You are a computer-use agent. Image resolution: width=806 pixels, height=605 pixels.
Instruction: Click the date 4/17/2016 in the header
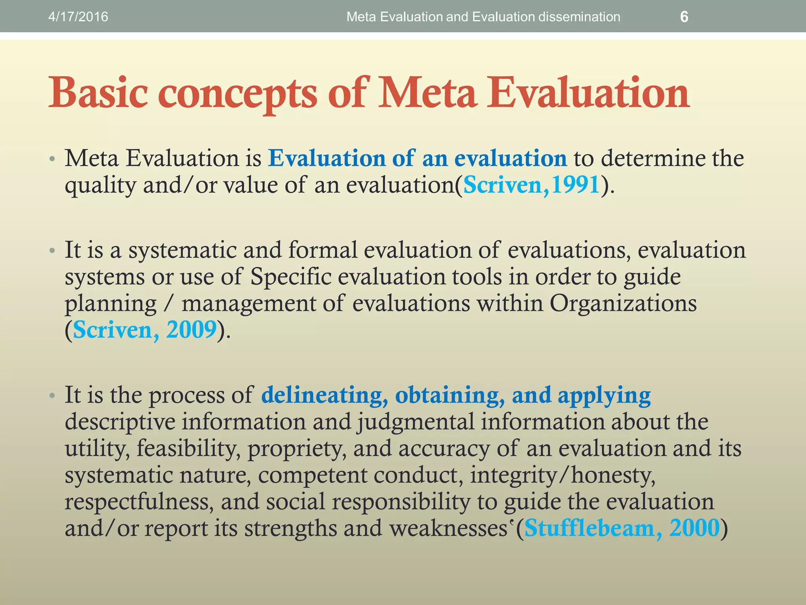(78, 17)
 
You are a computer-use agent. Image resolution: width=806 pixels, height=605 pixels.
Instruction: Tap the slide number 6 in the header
(684, 17)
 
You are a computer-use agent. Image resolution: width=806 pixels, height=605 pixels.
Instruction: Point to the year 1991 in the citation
(575, 185)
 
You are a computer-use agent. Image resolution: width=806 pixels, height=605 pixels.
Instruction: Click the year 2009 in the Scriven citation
(191, 330)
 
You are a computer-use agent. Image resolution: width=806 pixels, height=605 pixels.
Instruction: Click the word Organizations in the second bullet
(623, 303)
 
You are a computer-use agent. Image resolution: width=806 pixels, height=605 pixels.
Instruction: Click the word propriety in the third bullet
(297, 449)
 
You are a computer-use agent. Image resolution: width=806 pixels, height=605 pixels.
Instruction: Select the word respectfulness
(139, 502)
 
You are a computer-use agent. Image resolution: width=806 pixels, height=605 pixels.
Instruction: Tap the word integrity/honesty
(563, 475)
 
